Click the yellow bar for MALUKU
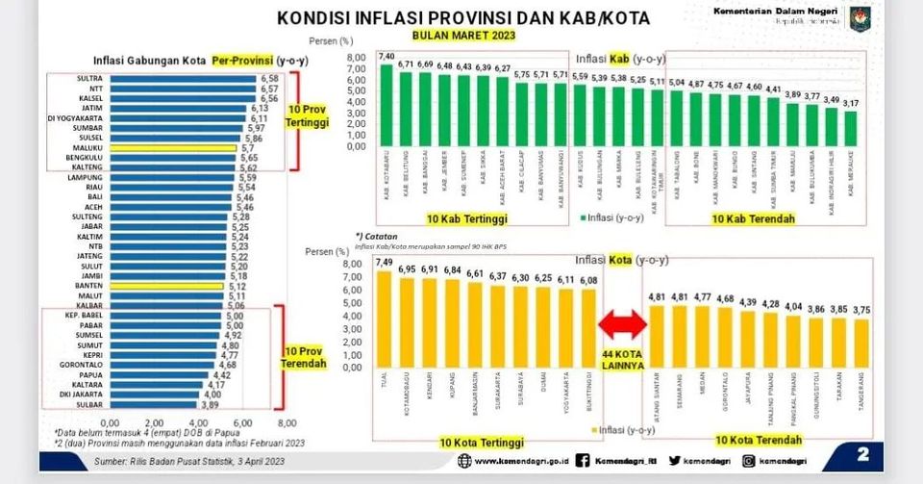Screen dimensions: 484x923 tap(172, 148)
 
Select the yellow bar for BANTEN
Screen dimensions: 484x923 tap(165, 286)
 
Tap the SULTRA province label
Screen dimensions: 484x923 tap(90, 78)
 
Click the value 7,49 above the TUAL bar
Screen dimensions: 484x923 tap(385, 263)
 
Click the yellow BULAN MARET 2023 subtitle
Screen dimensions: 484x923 tap(463, 35)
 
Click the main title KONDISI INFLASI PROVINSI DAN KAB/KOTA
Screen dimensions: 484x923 tap(462, 17)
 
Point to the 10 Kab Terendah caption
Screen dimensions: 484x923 tap(753, 219)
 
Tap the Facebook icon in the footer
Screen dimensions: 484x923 tap(583, 462)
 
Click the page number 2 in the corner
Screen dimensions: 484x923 tap(862, 453)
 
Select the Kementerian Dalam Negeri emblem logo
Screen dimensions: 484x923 tap(859, 18)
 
